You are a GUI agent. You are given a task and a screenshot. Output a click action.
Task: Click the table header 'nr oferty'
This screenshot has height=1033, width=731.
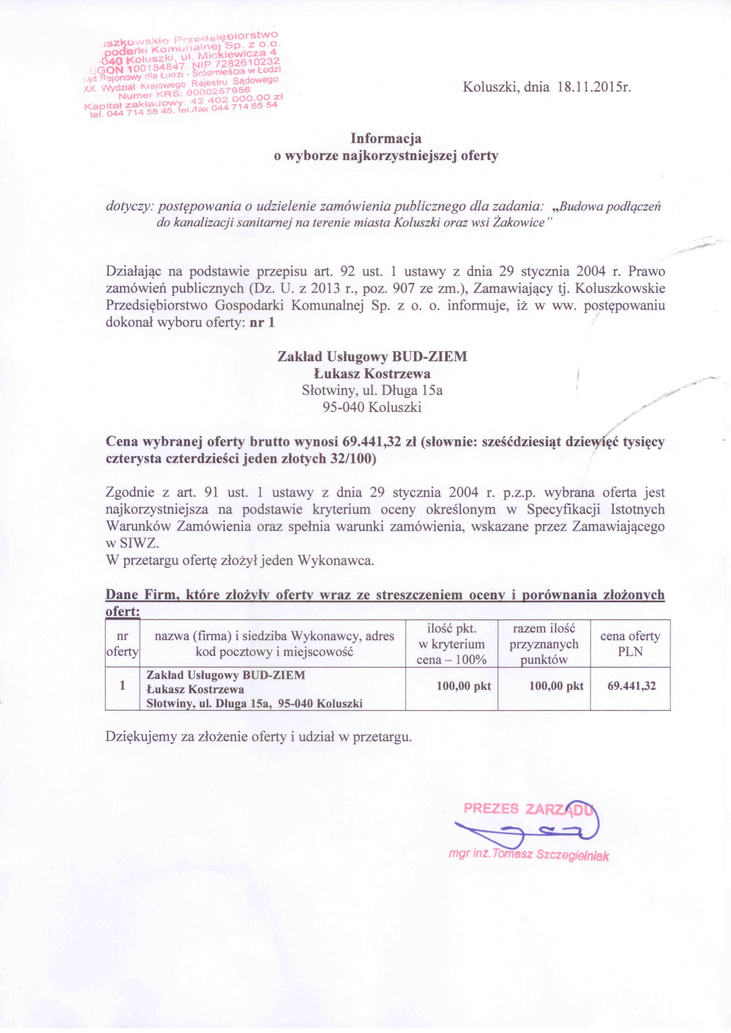click(122, 644)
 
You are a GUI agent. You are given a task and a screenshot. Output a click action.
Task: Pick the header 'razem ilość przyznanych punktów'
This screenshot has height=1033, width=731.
click(544, 644)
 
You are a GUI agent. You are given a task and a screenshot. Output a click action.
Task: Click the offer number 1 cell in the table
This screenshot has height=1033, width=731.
click(122, 685)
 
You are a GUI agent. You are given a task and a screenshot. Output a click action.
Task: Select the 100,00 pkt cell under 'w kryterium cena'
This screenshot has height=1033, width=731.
click(464, 686)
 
